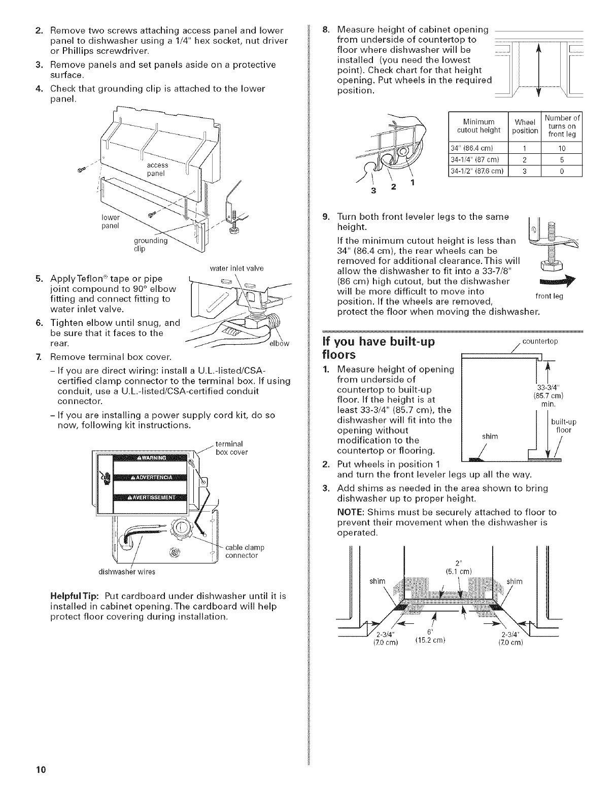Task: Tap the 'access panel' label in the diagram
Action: [x=157, y=169]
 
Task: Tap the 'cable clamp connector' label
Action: [x=242, y=552]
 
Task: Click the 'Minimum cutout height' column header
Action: [x=478, y=126]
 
